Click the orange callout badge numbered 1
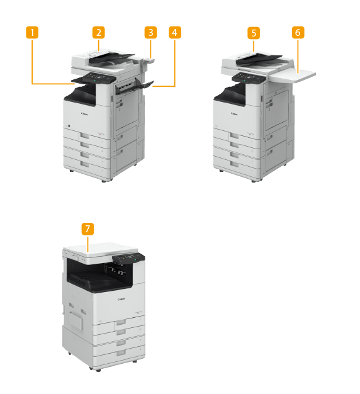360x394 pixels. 32,33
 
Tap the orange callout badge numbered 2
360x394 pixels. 98,33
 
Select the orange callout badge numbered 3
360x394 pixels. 150,33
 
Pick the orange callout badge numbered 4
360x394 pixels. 175,33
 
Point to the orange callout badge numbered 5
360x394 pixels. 254,33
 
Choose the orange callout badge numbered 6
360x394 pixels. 298,33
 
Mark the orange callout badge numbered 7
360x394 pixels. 87,229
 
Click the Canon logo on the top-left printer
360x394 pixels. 84,114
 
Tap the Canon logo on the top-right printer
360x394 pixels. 234,114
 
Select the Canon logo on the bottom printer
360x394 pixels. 121,299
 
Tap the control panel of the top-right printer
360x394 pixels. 249,78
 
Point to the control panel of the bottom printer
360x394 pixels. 128,259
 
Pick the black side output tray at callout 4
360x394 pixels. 135,87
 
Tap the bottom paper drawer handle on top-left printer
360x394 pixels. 85,164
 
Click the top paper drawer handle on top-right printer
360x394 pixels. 234,136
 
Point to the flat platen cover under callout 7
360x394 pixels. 101,249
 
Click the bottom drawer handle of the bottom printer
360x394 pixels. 121,353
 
